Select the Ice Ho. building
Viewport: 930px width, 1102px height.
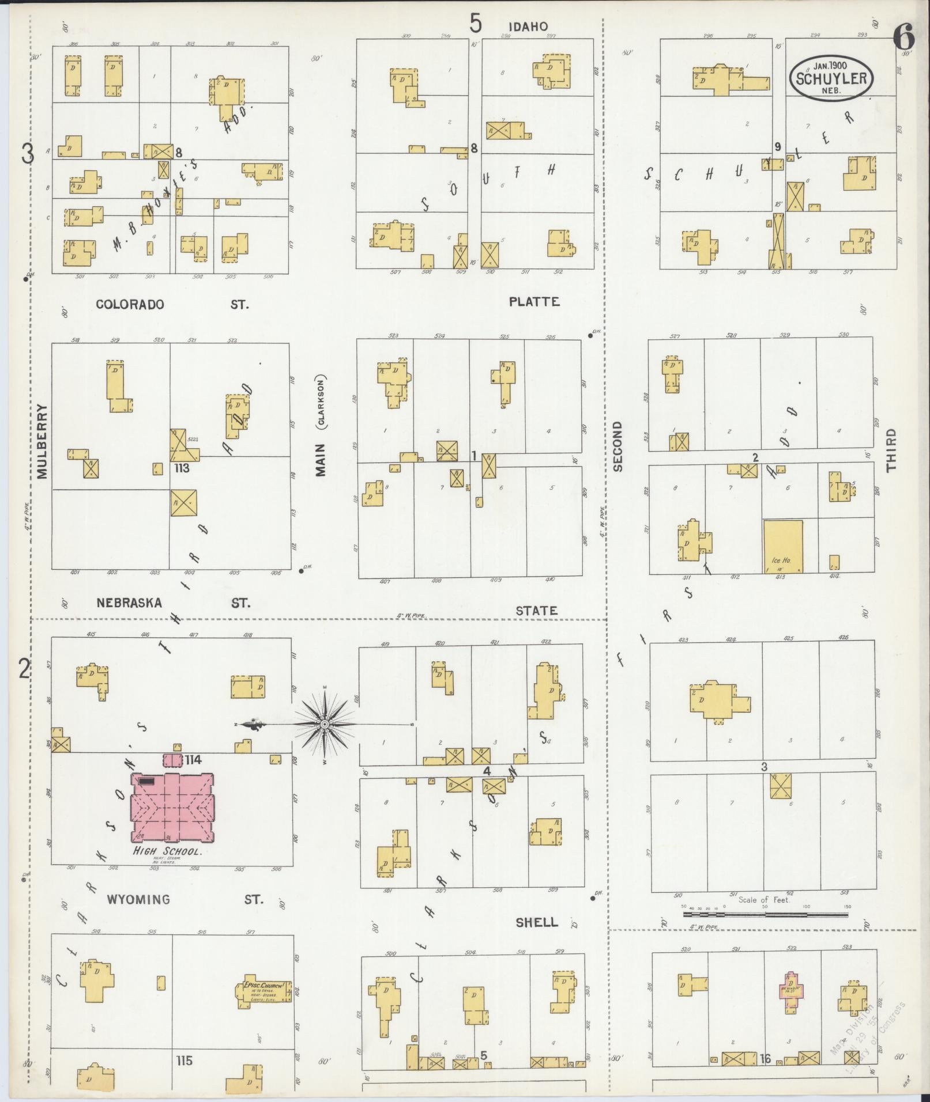783,547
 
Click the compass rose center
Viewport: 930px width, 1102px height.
325,724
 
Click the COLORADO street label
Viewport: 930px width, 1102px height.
130,304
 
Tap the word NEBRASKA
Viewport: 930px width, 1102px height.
129,603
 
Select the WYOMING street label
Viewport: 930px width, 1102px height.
138,899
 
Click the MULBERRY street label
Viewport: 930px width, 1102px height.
42,441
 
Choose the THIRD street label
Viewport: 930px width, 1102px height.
891,450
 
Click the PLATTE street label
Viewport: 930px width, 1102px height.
534,301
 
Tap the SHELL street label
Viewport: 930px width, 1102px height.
536,922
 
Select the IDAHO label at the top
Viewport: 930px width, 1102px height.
528,26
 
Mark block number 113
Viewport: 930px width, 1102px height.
182,468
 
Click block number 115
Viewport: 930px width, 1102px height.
185,1061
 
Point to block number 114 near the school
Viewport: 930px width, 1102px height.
193,760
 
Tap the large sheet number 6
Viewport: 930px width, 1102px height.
903,39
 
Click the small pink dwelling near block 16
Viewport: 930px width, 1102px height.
792,992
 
